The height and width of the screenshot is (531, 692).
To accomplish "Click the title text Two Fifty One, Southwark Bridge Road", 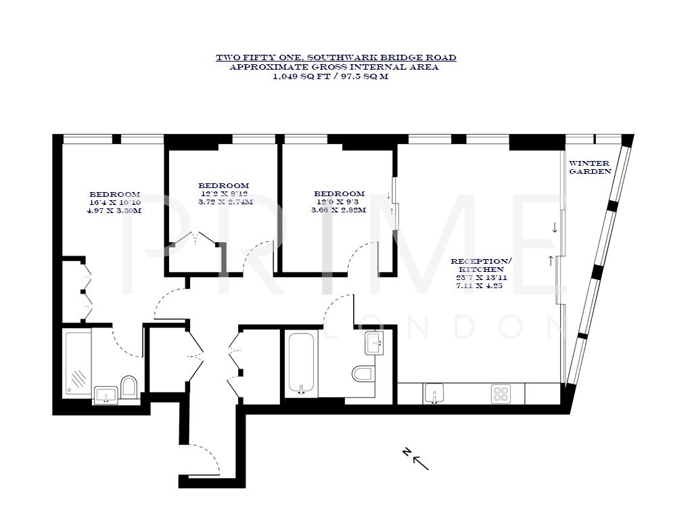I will click(x=336, y=57).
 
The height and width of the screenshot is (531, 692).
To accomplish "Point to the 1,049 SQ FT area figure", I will click(x=298, y=76).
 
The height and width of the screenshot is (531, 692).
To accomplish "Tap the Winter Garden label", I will click(x=589, y=167).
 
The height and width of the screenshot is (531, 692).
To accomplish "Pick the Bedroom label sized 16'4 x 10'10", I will click(x=114, y=194).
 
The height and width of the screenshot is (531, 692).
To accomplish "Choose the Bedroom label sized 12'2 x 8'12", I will click(x=223, y=185).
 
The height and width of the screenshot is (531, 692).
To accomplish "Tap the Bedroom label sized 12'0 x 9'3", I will click(x=339, y=193).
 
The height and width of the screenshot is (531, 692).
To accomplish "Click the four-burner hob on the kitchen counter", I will click(x=501, y=393).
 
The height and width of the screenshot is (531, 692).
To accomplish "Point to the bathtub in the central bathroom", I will click(x=301, y=363).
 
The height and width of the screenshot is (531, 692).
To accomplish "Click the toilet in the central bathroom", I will click(x=363, y=373).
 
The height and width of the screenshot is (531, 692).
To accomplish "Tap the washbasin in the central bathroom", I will click(x=374, y=342).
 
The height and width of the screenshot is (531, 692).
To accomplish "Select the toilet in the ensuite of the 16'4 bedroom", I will click(x=129, y=386).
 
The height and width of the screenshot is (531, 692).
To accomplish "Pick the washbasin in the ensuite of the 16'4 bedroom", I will click(x=106, y=394).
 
